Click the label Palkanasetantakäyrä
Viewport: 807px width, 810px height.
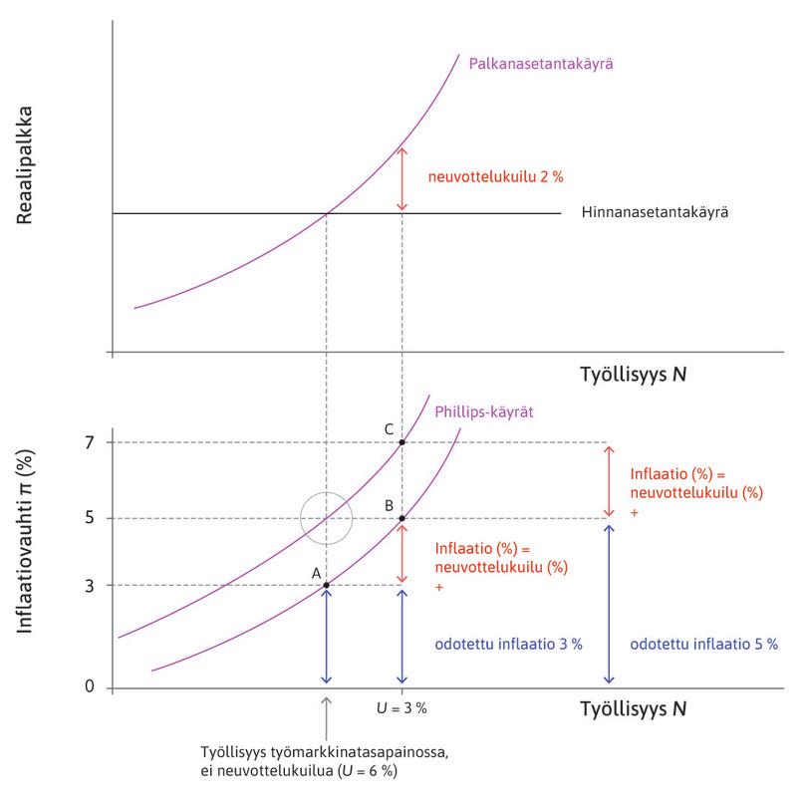[x=539, y=63]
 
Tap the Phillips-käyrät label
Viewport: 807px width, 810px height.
[x=480, y=411]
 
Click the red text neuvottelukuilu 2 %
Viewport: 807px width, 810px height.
[x=481, y=178]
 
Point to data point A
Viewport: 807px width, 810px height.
[x=326, y=585]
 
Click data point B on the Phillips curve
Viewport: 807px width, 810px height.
[x=402, y=518]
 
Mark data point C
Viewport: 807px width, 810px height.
[x=402, y=442]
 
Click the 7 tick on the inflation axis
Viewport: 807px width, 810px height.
[x=90, y=442]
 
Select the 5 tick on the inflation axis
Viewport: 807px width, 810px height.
[x=90, y=518]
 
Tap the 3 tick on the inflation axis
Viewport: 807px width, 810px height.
[x=90, y=585]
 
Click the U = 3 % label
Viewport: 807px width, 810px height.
[x=402, y=707]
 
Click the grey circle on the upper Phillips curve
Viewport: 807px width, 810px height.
[x=327, y=518]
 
